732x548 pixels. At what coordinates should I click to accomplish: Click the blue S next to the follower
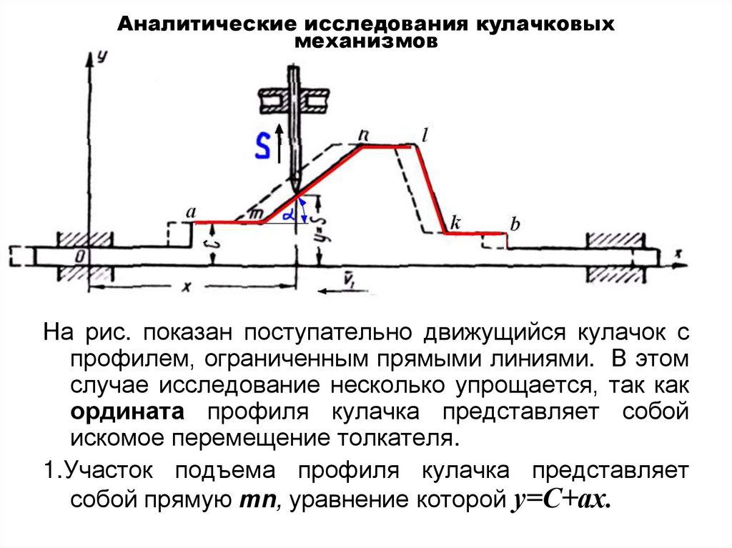click(263, 146)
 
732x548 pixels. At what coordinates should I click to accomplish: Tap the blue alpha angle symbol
click(287, 214)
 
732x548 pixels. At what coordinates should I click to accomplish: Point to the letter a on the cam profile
click(190, 212)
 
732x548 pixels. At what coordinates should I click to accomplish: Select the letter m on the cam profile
click(256, 213)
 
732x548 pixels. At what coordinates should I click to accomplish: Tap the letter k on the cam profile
click(455, 221)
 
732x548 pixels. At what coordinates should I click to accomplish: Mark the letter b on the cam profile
click(514, 224)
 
